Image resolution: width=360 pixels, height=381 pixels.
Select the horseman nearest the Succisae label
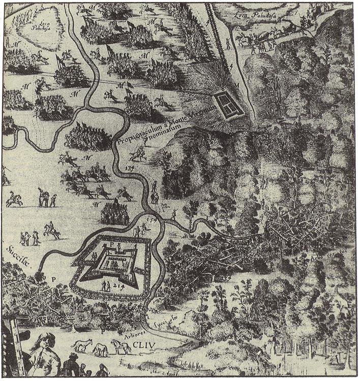pos(51,232)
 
